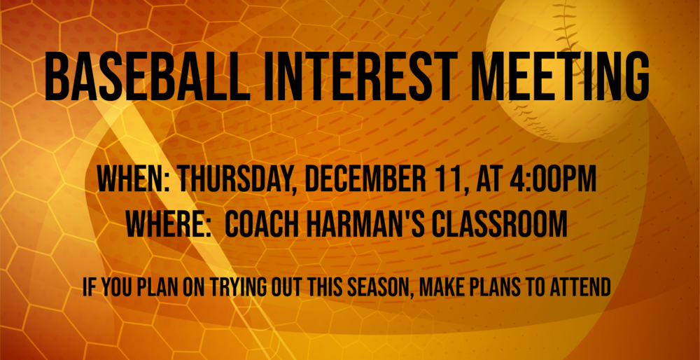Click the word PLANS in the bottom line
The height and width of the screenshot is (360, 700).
coord(504,287)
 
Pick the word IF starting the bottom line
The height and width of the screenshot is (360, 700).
coord(89,287)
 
